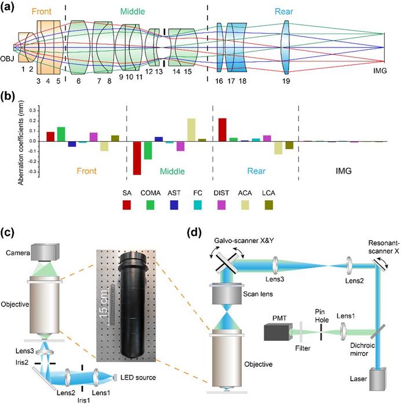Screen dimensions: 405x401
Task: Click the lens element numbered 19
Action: tap(285, 45)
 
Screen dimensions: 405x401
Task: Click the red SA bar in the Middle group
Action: tap(137, 157)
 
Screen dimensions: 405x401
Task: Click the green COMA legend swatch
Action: tap(156, 205)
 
